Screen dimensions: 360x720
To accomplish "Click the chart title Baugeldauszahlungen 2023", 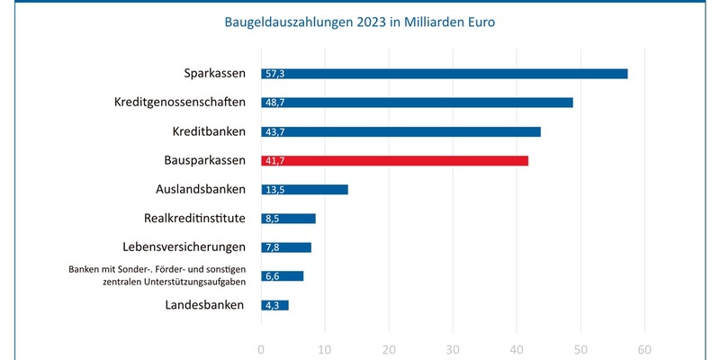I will tap(359, 22).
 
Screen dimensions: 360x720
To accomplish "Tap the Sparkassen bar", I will tap(444, 74).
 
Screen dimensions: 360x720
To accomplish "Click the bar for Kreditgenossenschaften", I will tap(417, 103).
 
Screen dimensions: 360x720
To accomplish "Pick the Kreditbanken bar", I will tap(400, 131).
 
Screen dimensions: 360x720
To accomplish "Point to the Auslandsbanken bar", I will tap(304, 189).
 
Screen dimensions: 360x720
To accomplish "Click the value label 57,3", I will tap(274, 74).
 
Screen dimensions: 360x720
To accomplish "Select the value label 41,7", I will tap(274, 160).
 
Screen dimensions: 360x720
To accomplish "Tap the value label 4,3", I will tap(272, 305).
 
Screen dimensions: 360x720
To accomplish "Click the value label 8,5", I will tap(272, 219).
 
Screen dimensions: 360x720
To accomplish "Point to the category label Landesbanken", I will tap(204, 305).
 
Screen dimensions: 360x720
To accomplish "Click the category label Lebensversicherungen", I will tap(184, 247).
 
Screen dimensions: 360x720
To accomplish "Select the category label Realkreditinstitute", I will tap(193, 218).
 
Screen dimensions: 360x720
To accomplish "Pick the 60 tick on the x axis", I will tap(644, 350).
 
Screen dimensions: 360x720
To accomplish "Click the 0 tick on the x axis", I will tap(261, 350).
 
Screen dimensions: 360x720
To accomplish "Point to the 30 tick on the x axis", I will tap(453, 350).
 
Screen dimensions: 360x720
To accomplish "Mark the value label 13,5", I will tap(274, 190).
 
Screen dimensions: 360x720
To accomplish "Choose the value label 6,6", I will tap(272, 276).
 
